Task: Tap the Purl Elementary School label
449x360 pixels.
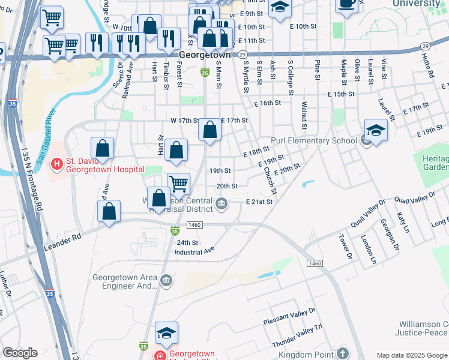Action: (x=314, y=141)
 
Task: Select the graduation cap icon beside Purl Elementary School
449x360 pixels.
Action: (x=375, y=131)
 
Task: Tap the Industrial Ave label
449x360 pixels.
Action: (x=194, y=253)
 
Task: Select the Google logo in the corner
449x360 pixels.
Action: (x=19, y=352)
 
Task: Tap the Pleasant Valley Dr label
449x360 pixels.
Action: (x=289, y=318)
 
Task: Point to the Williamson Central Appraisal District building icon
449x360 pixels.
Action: (x=221, y=204)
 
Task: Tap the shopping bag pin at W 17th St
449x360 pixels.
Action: (x=209, y=130)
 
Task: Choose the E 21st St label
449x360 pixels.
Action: (x=259, y=202)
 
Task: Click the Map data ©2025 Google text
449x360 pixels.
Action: (x=411, y=355)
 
